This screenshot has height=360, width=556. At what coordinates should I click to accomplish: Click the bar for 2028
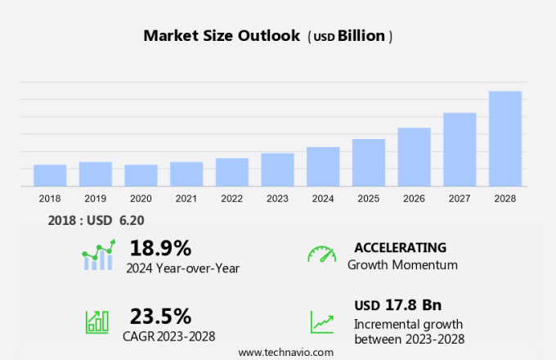(x=505, y=139)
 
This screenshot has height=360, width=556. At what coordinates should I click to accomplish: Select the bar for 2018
(x=50, y=176)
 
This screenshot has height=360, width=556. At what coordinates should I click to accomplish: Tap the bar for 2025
(x=369, y=163)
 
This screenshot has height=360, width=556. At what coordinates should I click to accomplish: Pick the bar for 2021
(x=186, y=174)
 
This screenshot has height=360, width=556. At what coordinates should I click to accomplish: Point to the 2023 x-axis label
(x=277, y=199)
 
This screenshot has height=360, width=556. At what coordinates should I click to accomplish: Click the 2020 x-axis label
(x=141, y=199)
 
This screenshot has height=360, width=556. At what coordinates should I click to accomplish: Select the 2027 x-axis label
(x=460, y=199)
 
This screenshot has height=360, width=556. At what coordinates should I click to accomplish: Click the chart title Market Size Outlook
(x=221, y=35)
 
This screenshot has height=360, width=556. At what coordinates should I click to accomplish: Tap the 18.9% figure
(x=160, y=248)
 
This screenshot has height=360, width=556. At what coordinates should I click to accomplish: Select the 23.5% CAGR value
(x=160, y=316)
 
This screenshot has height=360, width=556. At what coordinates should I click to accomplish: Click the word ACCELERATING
(x=400, y=247)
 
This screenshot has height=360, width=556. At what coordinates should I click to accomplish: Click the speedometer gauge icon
(x=321, y=254)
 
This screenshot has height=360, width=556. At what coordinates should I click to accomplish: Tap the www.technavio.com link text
(x=285, y=352)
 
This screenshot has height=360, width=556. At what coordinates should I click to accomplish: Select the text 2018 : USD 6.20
(x=97, y=220)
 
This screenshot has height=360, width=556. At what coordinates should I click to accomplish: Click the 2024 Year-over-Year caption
(x=182, y=267)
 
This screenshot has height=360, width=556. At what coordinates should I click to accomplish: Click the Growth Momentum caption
(x=402, y=265)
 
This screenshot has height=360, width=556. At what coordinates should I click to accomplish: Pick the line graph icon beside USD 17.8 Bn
(x=321, y=322)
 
